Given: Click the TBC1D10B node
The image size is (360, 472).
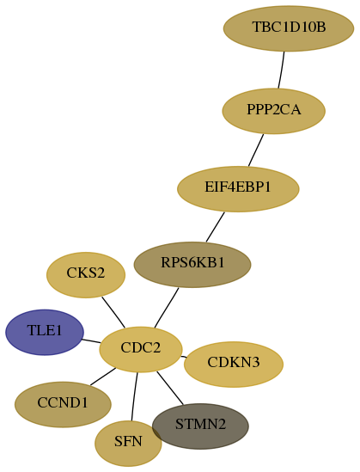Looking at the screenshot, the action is [289, 28].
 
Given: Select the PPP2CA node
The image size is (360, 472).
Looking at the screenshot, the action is [274, 111].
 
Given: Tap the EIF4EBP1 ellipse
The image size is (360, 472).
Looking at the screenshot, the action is [238, 189].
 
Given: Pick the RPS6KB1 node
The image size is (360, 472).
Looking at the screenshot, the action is [192, 265].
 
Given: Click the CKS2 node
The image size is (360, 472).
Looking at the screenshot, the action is [86, 275].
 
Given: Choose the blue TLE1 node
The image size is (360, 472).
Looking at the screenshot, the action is [45, 332].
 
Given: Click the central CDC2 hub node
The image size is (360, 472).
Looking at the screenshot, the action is [141, 349].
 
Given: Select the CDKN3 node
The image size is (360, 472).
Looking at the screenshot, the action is [234, 364].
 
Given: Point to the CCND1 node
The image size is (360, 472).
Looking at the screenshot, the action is [63, 404].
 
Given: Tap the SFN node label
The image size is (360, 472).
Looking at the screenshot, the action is [128, 442].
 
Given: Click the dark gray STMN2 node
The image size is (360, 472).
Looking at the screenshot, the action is [200, 426].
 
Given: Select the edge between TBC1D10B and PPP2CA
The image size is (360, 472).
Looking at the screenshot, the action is [282, 70].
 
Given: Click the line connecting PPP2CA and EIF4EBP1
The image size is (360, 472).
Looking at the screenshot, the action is [256, 150].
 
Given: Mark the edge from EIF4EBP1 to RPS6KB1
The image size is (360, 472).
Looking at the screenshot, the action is [216, 227].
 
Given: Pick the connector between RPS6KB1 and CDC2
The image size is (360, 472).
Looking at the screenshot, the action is [167, 308].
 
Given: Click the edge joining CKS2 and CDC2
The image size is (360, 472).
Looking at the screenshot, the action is [113, 312].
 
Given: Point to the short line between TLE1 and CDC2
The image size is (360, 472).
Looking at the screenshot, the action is [91, 341].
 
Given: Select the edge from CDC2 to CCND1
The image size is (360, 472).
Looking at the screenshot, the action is [103, 377].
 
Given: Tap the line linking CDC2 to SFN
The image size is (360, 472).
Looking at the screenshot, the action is [134, 396].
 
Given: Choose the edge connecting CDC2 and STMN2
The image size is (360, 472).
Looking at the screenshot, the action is [170, 388].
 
